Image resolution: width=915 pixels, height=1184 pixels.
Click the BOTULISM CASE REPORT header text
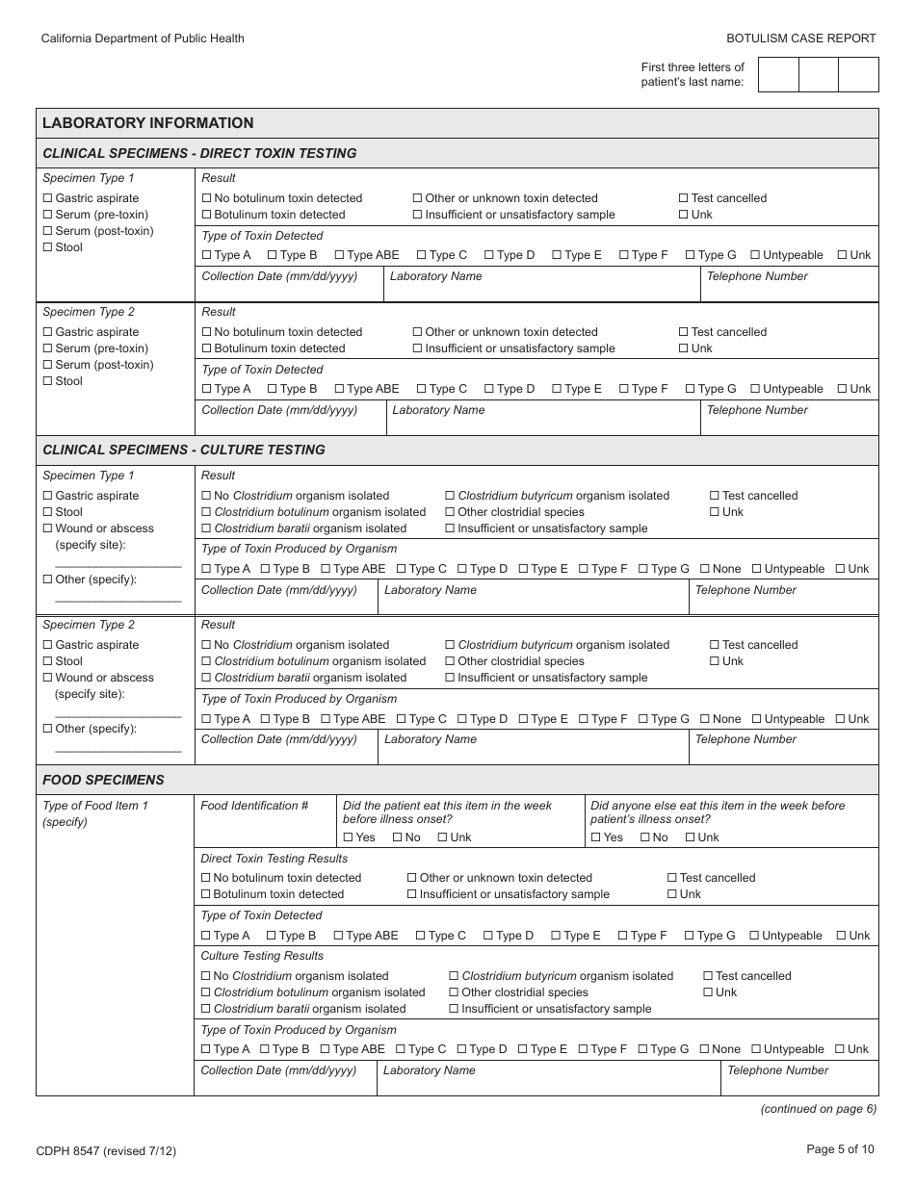pos(801,39)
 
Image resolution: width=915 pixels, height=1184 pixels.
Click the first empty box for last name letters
pos(778,74)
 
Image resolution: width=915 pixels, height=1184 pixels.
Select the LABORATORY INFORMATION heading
pos(147,123)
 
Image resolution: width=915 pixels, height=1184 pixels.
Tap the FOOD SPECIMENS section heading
pos(103,780)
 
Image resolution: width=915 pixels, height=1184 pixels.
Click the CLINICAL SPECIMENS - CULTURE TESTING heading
pos(183,450)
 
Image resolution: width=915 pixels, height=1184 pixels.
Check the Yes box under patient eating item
pos(349,837)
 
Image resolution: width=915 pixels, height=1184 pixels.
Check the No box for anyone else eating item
pos(645,837)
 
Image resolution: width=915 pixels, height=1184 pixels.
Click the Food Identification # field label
pos(254,806)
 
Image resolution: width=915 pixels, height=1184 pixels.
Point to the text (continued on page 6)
pos(818,1109)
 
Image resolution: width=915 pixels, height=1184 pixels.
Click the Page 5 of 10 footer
pos(840,1148)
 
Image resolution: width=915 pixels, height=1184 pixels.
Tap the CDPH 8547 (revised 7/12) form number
pos(106,1150)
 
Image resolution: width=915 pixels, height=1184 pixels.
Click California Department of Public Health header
pos(143,39)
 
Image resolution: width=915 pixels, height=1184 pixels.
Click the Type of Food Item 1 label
pos(95,806)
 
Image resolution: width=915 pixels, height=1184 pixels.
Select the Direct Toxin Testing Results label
pos(274,859)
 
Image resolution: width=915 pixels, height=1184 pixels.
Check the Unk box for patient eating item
pos(443,837)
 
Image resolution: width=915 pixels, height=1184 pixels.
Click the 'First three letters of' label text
pos(693,67)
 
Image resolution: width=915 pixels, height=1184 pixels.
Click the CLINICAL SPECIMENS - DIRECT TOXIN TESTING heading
pos(199,153)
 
